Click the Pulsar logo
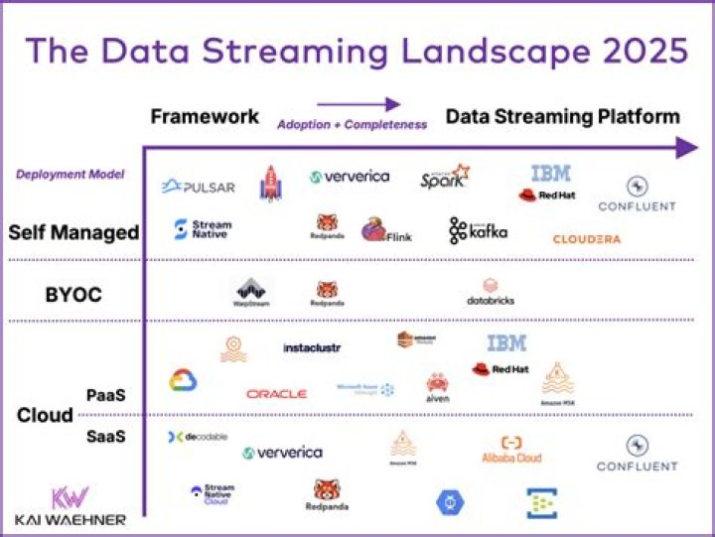pos(199,186)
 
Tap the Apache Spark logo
pos(444,178)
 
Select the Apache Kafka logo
pos(478,230)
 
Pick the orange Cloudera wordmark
pos(586,239)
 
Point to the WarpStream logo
pos(251,292)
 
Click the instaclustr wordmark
pos(313,348)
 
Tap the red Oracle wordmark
pos(276,394)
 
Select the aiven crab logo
pos(437,387)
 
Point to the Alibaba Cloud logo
pos(512,450)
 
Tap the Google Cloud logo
pos(183,380)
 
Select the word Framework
pos(205,117)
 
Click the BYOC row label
pos(74,295)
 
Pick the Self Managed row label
pos(72,232)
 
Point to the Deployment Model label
pos(70,175)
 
